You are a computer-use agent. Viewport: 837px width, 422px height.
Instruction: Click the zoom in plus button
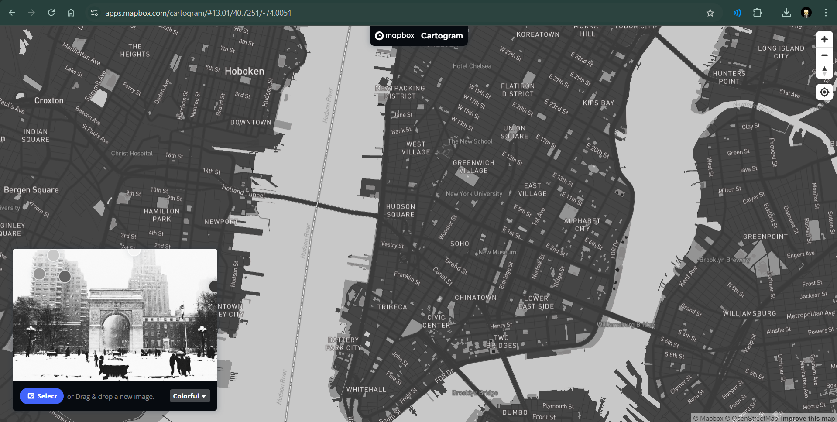click(x=824, y=39)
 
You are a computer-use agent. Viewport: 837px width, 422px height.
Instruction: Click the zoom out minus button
click(x=824, y=55)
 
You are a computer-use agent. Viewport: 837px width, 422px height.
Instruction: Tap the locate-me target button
click(x=824, y=92)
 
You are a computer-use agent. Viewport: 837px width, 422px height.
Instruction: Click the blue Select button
click(x=42, y=396)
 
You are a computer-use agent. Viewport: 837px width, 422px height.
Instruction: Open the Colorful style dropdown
click(x=189, y=396)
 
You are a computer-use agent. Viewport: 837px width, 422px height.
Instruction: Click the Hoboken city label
click(x=244, y=71)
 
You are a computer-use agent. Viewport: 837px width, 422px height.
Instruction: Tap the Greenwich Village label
click(x=473, y=167)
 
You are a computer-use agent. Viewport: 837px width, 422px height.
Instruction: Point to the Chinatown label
click(x=475, y=298)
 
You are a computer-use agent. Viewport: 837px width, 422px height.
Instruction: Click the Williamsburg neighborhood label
click(x=749, y=313)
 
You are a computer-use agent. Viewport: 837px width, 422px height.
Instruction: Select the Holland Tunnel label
click(x=243, y=191)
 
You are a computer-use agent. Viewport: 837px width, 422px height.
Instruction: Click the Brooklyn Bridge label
click(x=475, y=393)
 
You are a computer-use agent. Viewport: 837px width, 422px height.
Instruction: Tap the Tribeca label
click(x=392, y=307)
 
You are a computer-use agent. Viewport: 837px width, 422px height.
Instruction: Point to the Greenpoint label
click(x=765, y=237)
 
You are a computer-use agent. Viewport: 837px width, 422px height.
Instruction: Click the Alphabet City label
click(x=582, y=225)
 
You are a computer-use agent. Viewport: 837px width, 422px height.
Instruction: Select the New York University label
click(x=474, y=194)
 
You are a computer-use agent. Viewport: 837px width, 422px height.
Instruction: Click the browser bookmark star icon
click(x=710, y=13)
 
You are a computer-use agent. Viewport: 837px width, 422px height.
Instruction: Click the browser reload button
click(x=51, y=13)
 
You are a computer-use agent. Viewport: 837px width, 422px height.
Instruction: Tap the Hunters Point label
click(x=729, y=77)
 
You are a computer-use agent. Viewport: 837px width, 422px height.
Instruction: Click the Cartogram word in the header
click(x=442, y=36)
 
